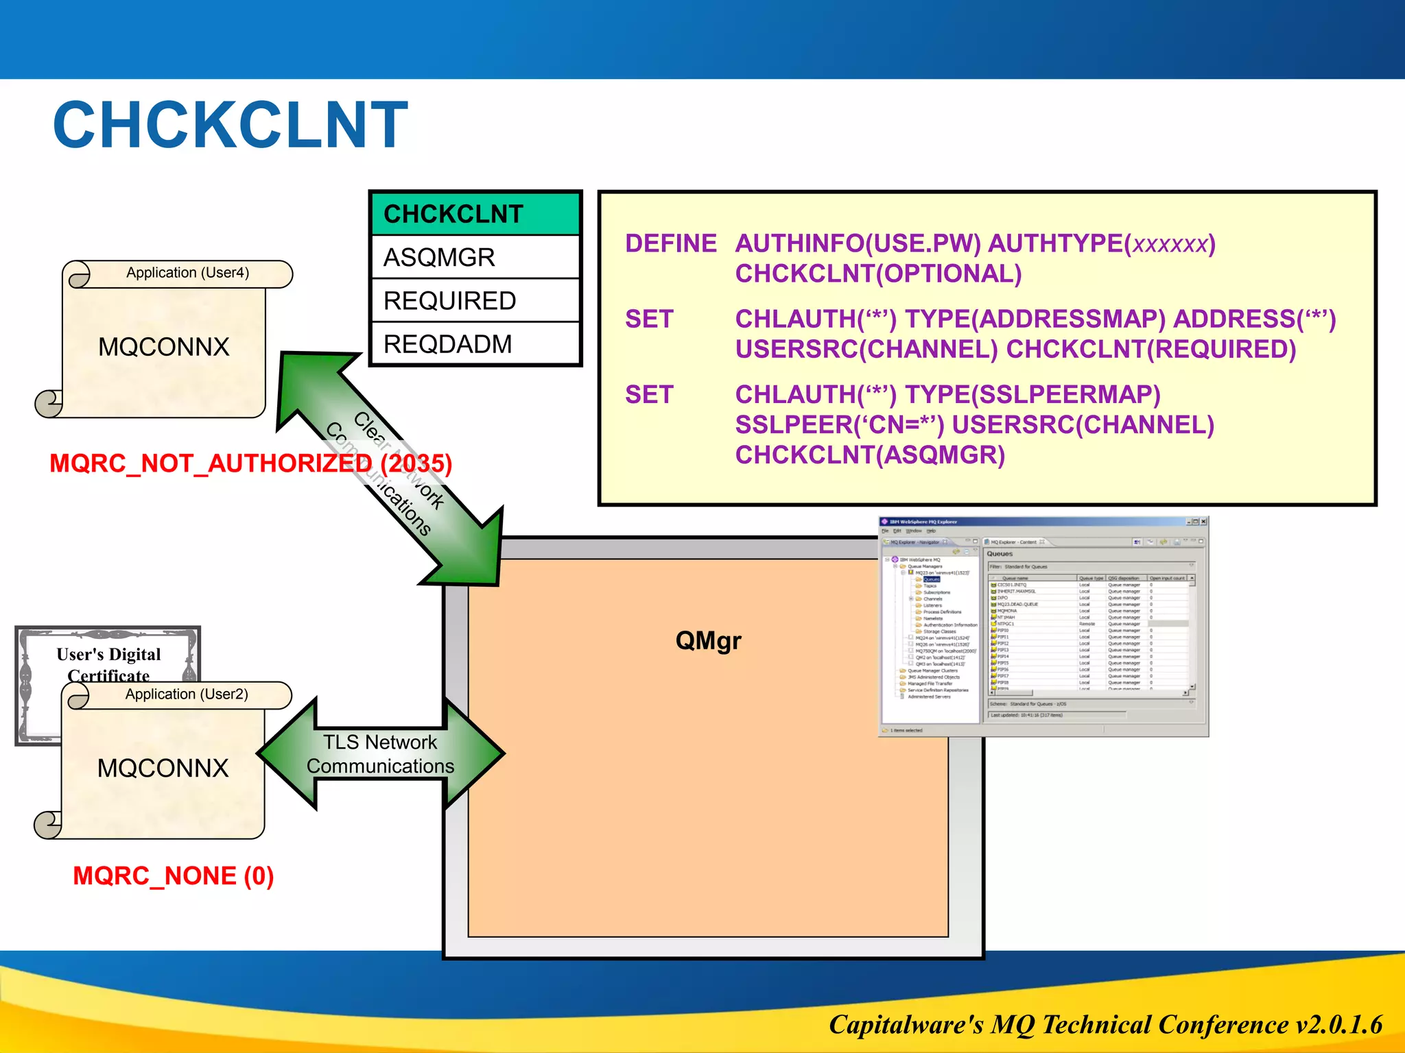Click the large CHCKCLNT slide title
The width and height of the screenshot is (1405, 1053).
(x=231, y=125)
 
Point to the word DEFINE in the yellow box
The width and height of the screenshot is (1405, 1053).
(x=670, y=244)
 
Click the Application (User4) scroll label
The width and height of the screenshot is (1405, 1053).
(x=187, y=273)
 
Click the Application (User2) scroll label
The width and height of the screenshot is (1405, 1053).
(x=187, y=694)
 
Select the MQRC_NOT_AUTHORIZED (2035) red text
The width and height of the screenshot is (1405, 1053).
(x=250, y=464)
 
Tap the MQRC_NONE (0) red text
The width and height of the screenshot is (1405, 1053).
(x=174, y=876)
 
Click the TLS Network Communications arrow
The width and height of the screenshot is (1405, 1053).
(x=380, y=754)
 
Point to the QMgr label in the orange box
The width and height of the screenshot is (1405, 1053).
(x=708, y=641)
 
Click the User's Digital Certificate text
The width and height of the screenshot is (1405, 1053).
(x=108, y=664)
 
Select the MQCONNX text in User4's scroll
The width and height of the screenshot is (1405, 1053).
(x=163, y=347)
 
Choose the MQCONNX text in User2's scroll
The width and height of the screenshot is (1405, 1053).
(x=163, y=768)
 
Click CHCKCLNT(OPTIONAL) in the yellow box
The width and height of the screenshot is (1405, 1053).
(x=878, y=274)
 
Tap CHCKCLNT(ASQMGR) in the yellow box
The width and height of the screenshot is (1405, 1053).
(x=870, y=455)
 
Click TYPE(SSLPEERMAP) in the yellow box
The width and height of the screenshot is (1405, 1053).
(x=1032, y=395)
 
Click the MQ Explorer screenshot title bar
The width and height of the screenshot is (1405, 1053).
(x=1029, y=522)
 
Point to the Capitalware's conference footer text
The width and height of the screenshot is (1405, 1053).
(x=1105, y=1025)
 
